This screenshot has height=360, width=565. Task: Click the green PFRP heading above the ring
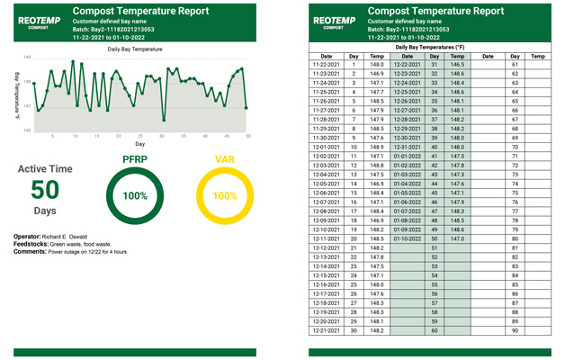pyautogui.click(x=134, y=159)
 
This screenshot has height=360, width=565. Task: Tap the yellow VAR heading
pyautogui.click(x=224, y=159)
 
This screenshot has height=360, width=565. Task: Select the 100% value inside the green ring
pyautogui.click(x=134, y=195)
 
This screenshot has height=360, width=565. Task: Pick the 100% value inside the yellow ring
pyautogui.click(x=224, y=195)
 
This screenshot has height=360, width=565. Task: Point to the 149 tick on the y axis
pyautogui.click(x=27, y=57)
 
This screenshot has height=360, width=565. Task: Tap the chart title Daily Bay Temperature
pyautogui.click(x=134, y=49)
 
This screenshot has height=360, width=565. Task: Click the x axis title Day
pyautogui.click(x=139, y=144)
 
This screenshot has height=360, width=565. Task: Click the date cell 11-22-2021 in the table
pyautogui.click(x=326, y=65)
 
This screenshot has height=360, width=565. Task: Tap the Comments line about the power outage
pyautogui.click(x=69, y=252)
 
